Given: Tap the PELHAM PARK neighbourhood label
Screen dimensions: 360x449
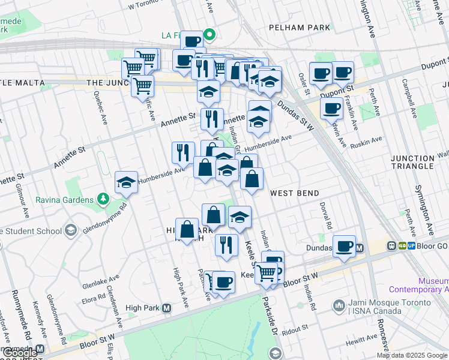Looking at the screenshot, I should pyautogui.click(x=300, y=28).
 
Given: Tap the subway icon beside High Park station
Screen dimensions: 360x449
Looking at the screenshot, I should pyautogui.click(x=166, y=308).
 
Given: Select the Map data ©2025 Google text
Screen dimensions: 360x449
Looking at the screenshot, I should pyautogui.click(x=412, y=355).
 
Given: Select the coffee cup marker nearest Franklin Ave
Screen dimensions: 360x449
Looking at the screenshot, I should pyautogui.click(x=331, y=109).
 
